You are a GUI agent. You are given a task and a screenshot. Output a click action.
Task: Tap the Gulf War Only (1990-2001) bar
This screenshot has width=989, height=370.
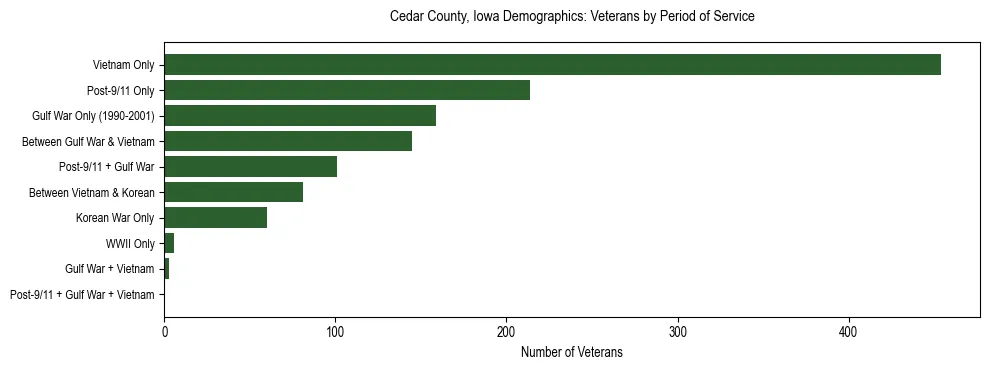[300, 116]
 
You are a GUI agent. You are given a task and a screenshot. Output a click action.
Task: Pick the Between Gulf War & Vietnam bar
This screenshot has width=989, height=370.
[288, 141]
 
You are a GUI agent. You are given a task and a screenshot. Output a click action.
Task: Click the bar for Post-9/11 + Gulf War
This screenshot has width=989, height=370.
[250, 167]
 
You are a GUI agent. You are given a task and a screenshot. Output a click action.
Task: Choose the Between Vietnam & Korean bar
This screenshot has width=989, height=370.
[233, 192]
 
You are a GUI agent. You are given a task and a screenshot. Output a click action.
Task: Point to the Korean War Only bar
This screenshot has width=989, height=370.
[215, 218]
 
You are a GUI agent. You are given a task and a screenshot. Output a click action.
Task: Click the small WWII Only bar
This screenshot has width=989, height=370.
[169, 243]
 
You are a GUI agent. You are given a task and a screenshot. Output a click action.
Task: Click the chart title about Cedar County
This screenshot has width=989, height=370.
[571, 17]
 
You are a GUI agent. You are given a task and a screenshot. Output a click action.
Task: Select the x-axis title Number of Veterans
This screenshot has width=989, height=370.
[571, 352]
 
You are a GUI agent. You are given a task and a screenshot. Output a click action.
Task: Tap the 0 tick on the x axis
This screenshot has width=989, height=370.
[164, 332]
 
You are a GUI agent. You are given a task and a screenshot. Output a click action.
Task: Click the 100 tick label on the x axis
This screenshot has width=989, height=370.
[335, 332]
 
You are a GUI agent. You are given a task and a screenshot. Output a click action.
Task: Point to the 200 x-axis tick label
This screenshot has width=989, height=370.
[506, 332]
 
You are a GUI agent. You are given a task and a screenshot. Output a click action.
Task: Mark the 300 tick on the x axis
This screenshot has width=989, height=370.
[677, 332]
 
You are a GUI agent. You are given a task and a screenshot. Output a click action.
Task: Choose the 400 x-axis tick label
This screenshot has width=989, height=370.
[848, 332]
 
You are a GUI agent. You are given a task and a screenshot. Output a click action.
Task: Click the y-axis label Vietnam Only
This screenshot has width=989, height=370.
[123, 65]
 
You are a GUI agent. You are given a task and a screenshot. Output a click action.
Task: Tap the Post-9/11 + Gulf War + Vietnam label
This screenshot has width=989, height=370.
[82, 294]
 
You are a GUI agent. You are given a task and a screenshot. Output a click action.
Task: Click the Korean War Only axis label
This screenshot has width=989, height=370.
[115, 218]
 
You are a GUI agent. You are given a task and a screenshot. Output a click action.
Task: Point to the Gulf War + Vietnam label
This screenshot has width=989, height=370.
[109, 269]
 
